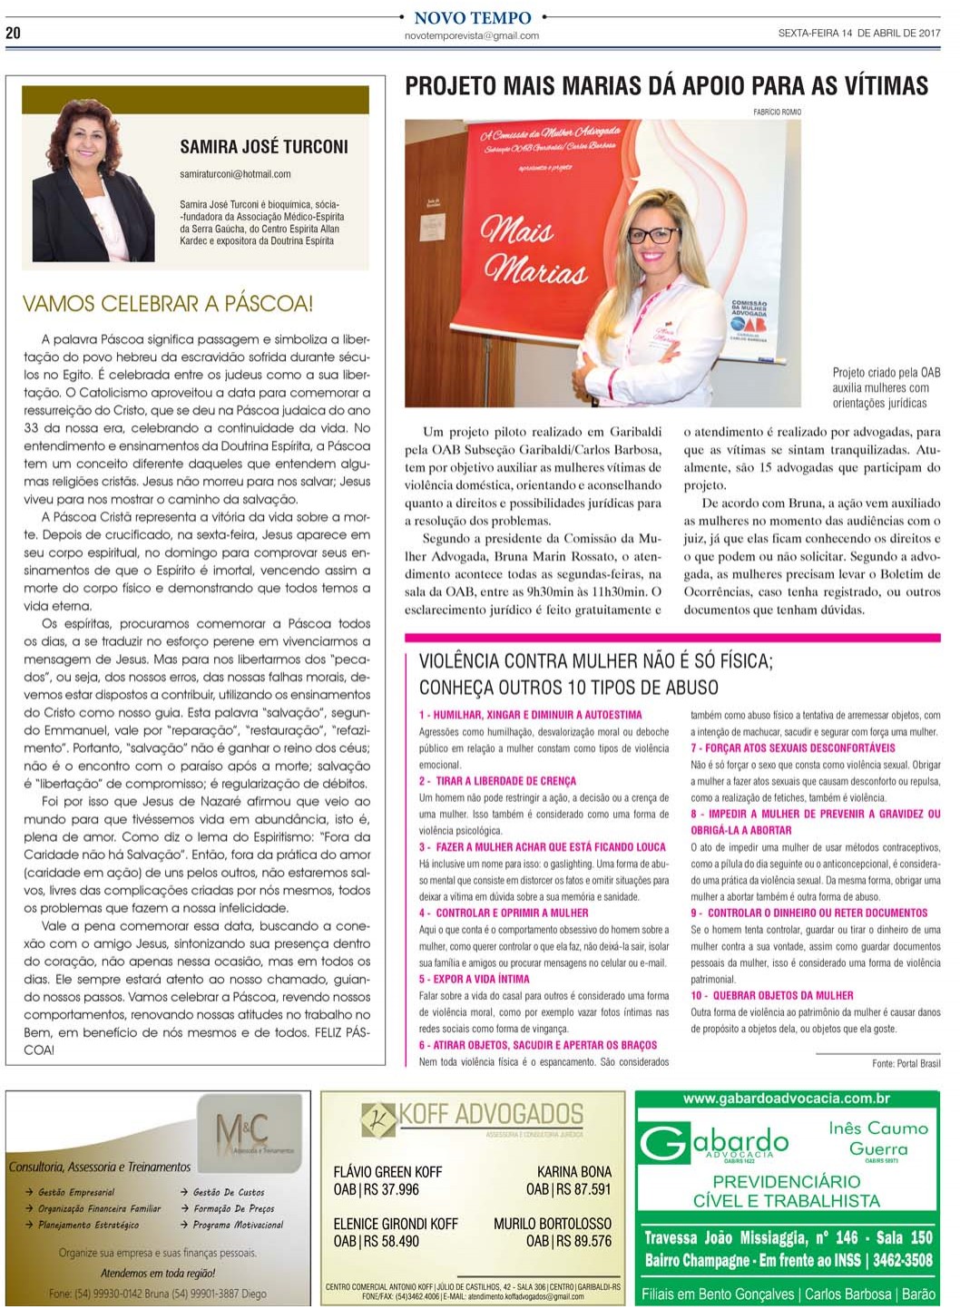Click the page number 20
(x=13, y=33)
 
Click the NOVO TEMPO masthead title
(x=472, y=17)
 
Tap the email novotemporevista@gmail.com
(x=472, y=36)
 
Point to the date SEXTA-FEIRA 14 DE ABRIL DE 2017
(x=858, y=34)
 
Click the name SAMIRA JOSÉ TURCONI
(x=263, y=147)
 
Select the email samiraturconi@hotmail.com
(x=235, y=174)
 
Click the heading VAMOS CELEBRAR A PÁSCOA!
(x=168, y=304)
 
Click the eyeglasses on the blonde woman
(x=653, y=235)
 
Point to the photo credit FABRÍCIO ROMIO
(x=777, y=112)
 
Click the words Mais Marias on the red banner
(x=534, y=249)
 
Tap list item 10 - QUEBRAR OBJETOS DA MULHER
(x=772, y=996)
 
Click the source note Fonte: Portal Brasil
(x=906, y=1063)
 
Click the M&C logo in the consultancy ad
(x=242, y=1131)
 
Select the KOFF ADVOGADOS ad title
(x=491, y=1115)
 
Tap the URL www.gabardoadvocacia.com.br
(x=786, y=1099)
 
